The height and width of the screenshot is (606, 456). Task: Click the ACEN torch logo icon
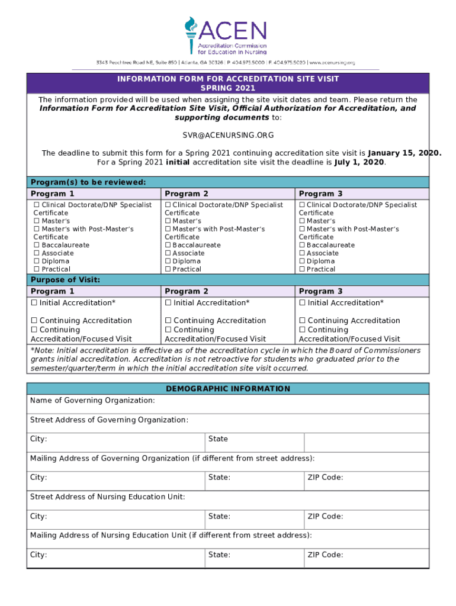191,35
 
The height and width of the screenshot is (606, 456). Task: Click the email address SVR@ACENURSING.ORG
228,135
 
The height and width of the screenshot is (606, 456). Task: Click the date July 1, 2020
359,162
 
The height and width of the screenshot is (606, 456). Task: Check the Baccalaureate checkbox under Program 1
37,245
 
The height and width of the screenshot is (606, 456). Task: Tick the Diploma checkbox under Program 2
168,261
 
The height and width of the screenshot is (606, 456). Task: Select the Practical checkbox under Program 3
303,269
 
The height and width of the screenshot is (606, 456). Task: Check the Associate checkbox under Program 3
303,253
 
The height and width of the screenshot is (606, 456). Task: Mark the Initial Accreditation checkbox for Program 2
168,303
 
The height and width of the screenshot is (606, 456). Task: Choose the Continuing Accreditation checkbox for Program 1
34,321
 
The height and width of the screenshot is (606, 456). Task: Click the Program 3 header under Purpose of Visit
320,291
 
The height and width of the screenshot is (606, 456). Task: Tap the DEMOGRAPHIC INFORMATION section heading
228,389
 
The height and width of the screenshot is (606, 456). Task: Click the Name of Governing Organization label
92,401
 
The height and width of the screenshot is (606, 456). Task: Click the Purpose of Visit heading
65,280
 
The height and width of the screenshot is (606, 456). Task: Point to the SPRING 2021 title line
228,88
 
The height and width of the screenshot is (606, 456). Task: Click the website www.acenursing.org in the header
332,63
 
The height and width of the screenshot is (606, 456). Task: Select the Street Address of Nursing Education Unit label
107,497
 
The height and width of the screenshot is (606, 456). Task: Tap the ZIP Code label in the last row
325,555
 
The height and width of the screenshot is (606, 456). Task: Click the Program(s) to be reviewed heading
88,182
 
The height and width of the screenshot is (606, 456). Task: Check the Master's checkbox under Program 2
168,221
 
